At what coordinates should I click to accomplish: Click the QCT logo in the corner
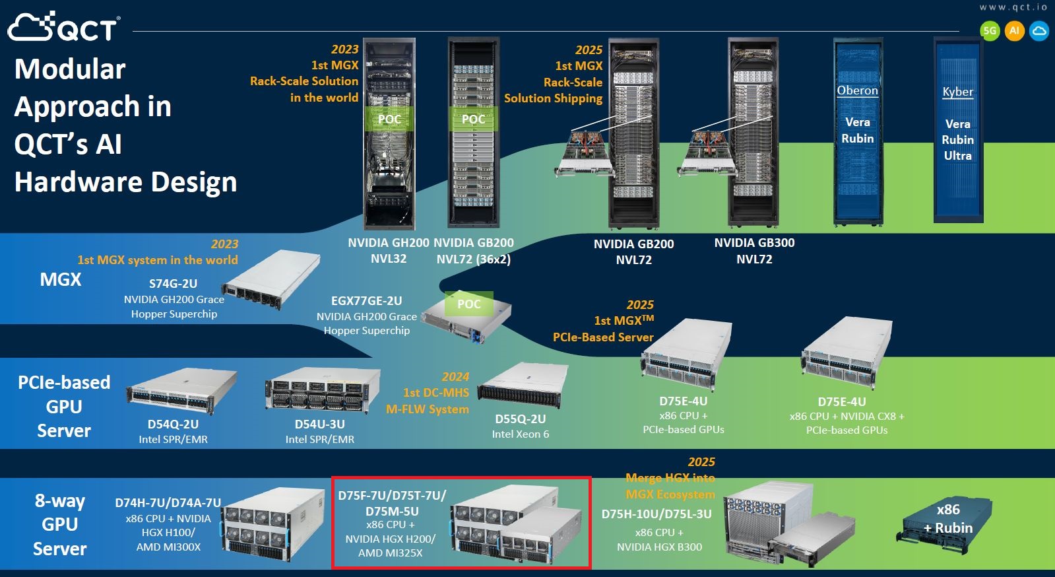tap(63, 27)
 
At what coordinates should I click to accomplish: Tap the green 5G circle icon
tap(990, 30)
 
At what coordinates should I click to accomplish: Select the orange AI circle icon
tap(1014, 30)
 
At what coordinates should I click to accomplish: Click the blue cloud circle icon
tap(1039, 30)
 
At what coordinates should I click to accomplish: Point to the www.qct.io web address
tap(1013, 7)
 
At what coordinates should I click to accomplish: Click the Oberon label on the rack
tap(857, 90)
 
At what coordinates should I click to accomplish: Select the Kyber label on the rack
tap(957, 92)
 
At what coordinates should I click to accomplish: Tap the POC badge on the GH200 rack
tap(389, 119)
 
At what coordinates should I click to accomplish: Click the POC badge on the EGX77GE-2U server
tap(469, 304)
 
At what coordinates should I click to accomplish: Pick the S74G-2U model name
tap(173, 284)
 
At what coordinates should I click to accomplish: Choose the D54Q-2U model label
tap(173, 424)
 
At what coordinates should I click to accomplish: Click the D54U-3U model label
tap(319, 424)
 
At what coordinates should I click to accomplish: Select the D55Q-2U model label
tap(520, 419)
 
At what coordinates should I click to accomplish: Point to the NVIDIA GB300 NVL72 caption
tap(754, 251)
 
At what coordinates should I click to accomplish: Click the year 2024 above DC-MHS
tap(455, 377)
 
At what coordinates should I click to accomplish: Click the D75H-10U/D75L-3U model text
tap(656, 514)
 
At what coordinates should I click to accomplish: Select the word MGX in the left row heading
tap(61, 280)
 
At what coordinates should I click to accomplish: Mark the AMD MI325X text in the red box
tap(390, 553)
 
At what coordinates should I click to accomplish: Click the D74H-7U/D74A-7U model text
tap(168, 503)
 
